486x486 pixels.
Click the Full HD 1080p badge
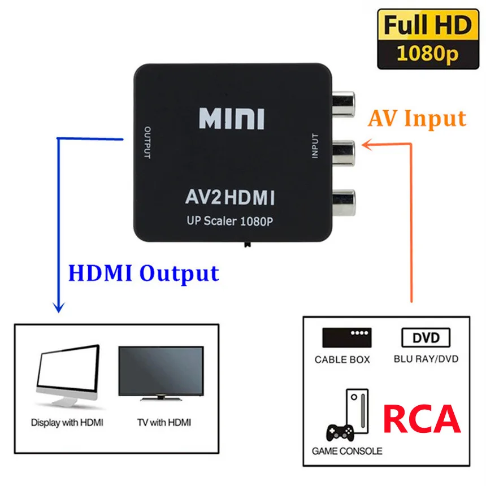tap(427, 38)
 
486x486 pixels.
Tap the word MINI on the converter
tap(232, 119)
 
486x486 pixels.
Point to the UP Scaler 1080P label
tap(230, 222)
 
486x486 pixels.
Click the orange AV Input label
tap(418, 119)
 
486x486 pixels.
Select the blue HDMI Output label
tap(143, 273)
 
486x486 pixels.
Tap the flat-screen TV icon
tap(161, 374)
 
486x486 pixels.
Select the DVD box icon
tap(426, 338)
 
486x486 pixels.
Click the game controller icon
tap(340, 431)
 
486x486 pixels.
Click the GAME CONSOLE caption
tap(347, 451)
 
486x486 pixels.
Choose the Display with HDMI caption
tap(67, 422)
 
